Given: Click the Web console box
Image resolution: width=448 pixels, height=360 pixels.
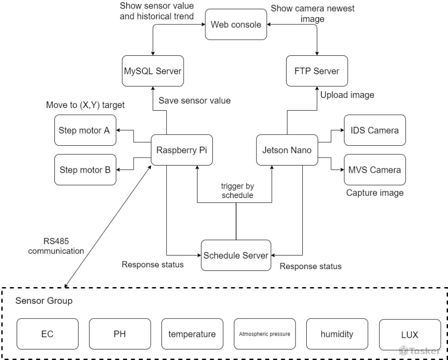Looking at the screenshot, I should pos(236,24).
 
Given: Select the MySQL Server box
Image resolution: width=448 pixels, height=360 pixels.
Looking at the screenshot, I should pos(153,71).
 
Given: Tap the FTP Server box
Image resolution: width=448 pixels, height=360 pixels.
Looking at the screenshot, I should pos(317,71).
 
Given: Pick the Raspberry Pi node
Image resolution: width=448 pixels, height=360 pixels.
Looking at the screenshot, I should pos(181,150).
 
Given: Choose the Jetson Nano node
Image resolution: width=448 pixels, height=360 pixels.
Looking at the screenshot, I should pos(287,150).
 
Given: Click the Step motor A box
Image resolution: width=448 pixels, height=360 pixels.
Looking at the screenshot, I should pos(85,130).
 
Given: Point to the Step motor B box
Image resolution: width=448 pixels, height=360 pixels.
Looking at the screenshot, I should pos(85,170).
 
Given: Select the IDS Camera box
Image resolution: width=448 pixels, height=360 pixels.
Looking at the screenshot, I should pos(374,130).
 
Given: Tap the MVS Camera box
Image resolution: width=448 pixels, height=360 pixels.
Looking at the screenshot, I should pos(374,170).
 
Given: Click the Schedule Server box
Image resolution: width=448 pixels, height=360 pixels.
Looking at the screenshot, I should pos(236,255).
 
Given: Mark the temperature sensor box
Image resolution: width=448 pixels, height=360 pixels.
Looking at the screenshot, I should pos(192,334).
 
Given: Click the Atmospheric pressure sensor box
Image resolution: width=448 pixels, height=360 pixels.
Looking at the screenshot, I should pos(264,334).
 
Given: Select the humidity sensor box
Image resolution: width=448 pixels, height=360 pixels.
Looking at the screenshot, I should pos(337,334).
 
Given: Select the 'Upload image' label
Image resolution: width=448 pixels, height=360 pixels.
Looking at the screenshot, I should pos(347,95).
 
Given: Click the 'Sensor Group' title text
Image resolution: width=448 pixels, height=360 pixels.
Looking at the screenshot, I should pos(44,301).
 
